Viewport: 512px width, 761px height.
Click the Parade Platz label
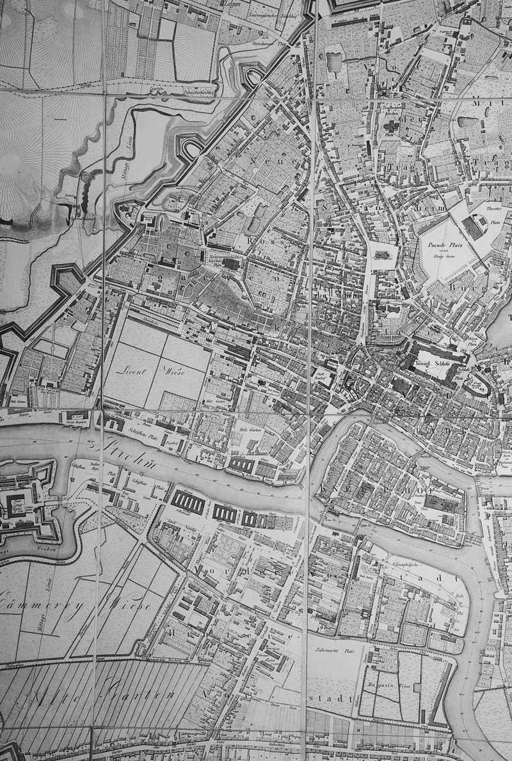pos(444,244)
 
